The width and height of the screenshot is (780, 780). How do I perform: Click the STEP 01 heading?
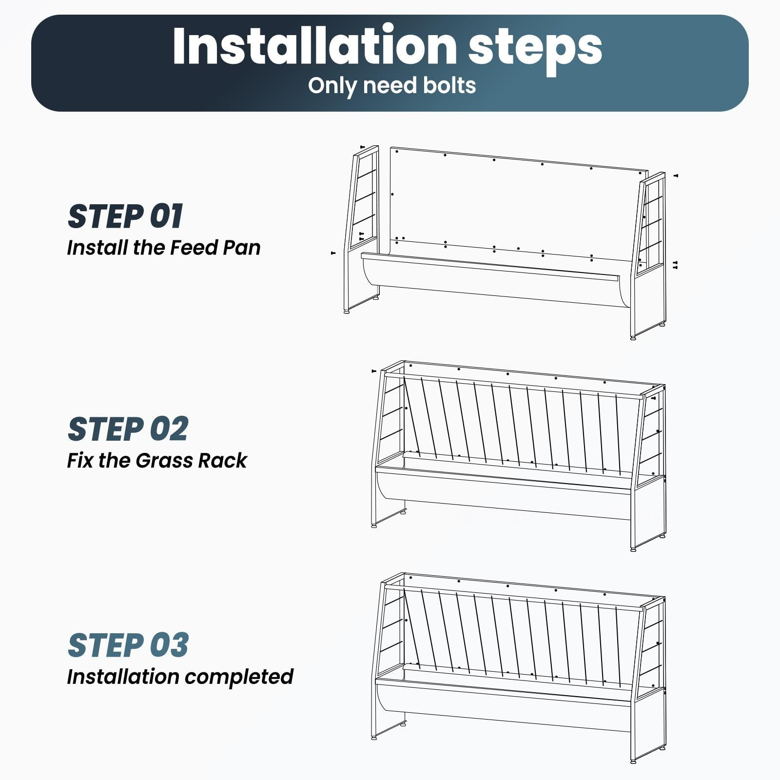point(125,216)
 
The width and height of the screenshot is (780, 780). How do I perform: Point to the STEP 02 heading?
point(128,429)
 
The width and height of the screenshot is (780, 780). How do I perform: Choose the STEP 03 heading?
point(128,645)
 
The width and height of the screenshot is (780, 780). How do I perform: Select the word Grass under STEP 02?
point(163,460)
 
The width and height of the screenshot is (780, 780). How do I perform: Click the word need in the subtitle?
point(389,85)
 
